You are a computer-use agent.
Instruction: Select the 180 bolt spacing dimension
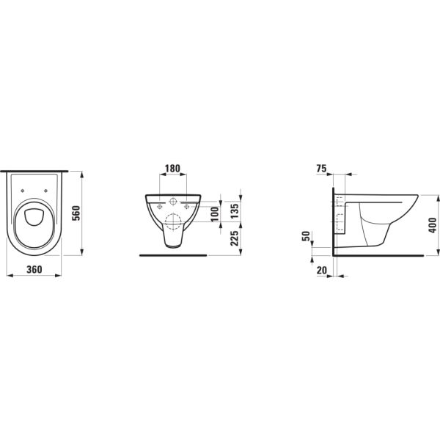172,169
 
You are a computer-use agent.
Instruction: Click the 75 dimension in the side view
321,169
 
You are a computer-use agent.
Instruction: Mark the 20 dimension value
321,269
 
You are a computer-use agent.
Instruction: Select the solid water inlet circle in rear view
172,201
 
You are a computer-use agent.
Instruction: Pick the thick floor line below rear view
172,254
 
